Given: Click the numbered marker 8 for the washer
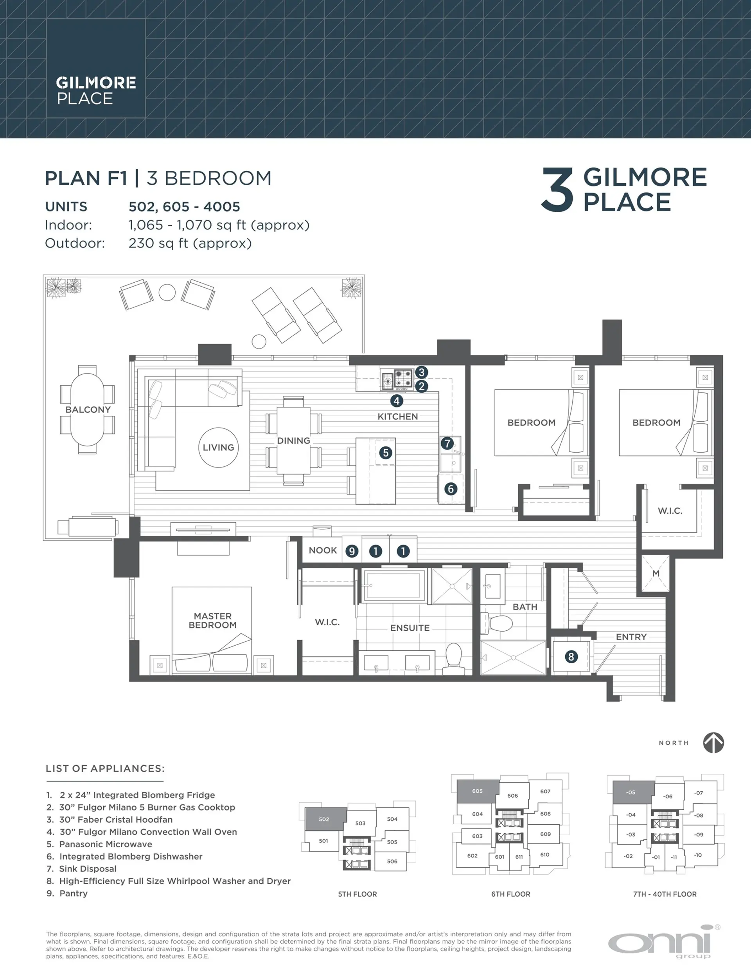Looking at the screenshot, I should [571, 656].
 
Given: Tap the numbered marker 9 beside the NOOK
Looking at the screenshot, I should [352, 551].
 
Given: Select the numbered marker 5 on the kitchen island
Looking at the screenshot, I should [386, 453].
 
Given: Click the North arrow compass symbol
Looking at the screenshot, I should [713, 743].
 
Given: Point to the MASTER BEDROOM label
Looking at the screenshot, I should [212, 620].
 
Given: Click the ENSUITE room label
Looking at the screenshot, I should [410, 628].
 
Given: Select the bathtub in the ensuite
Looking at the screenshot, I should [393, 585].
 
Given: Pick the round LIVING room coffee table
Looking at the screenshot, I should [218, 447].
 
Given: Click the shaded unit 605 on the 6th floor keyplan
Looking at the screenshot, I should [477, 791].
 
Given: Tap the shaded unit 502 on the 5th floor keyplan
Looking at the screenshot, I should [325, 819].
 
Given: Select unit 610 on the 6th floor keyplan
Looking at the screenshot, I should [544, 854].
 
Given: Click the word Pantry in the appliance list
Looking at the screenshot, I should [74, 893].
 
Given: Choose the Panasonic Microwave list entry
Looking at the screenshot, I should [106, 844].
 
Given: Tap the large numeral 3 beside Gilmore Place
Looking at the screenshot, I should [557, 190].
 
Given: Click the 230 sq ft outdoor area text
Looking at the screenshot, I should [190, 243].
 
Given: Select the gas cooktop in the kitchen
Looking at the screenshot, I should [403, 378].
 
